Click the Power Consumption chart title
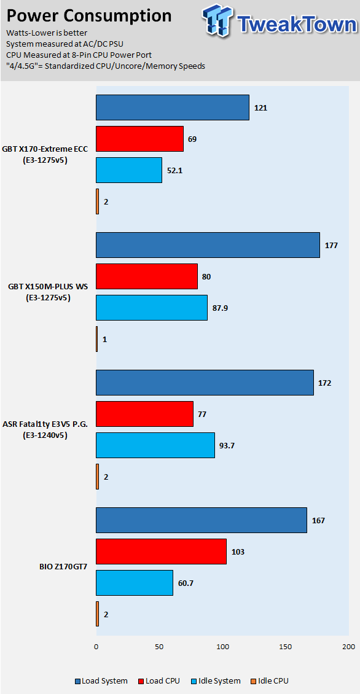click(89, 16)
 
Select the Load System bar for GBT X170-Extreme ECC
click(172, 107)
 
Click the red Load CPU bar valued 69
click(139, 139)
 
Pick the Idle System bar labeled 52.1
click(129, 170)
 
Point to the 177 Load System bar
click(208, 245)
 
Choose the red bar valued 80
click(147, 276)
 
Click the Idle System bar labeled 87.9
click(152, 308)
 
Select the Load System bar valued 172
click(205, 383)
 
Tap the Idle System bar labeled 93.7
click(155, 445)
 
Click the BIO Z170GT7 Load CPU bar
click(161, 552)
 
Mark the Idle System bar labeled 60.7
click(135, 583)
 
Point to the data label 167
click(318, 521)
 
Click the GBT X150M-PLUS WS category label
click(48, 292)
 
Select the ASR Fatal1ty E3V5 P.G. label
click(45, 430)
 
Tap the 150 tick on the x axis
click(286, 646)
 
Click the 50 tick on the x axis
click(159, 646)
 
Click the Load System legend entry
click(101, 680)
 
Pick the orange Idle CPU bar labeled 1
click(96, 339)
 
